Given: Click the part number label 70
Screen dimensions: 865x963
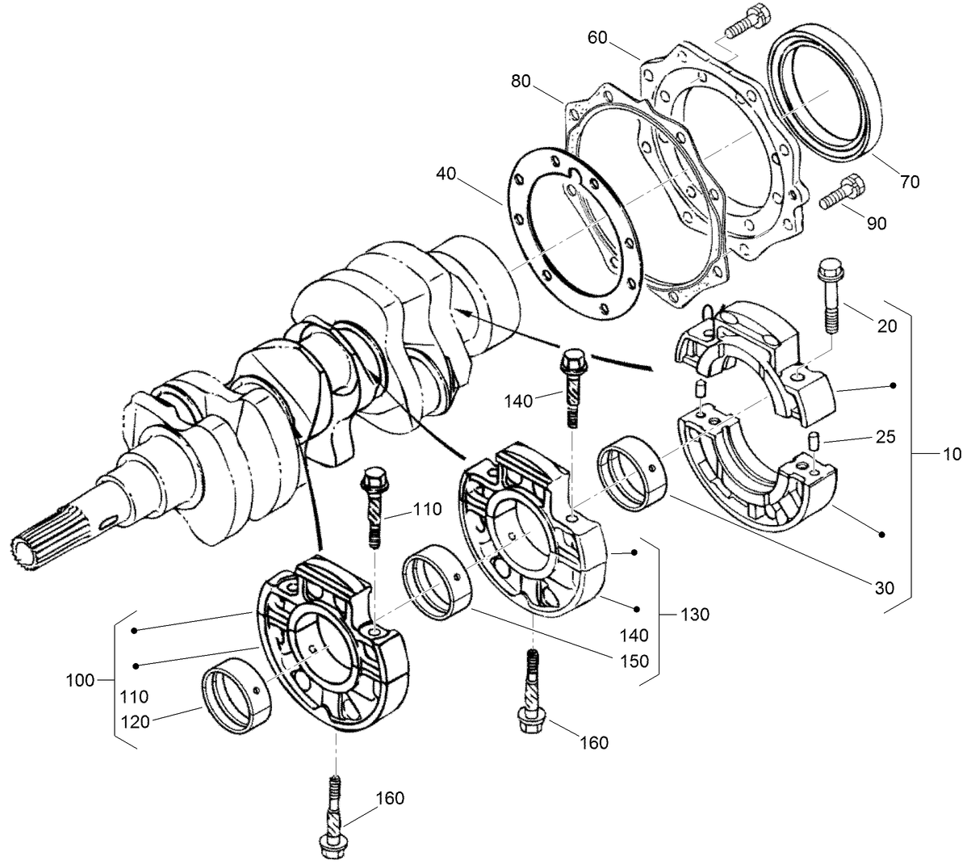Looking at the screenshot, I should pyautogui.click(x=909, y=183).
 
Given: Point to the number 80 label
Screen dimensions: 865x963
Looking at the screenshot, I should pyautogui.click(x=521, y=82).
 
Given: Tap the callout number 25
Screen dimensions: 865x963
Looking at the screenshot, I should pyautogui.click(x=885, y=439).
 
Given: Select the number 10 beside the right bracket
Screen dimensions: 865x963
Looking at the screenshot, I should pyautogui.click(x=949, y=456).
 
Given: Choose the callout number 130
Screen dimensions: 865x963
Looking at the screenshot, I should pyautogui.click(x=693, y=615).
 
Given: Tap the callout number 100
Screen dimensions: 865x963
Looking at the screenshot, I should pyautogui.click(x=80, y=680).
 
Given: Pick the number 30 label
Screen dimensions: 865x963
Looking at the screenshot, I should pyautogui.click(x=885, y=588).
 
